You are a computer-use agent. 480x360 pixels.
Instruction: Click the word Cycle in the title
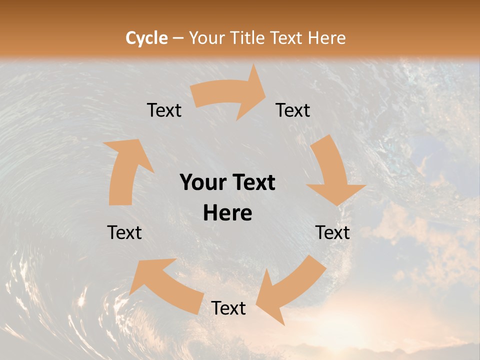click(146, 38)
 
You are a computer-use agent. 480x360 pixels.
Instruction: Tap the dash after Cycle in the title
click(178, 38)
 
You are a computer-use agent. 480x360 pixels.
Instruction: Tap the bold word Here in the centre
click(227, 213)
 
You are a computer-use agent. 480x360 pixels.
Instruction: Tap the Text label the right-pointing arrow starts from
click(164, 110)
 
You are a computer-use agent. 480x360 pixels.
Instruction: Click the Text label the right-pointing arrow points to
click(293, 110)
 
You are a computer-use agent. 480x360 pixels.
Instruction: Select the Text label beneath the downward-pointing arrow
click(332, 232)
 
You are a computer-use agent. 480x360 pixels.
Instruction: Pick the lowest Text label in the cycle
click(228, 308)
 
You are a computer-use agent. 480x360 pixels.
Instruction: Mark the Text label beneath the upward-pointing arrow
click(124, 232)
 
